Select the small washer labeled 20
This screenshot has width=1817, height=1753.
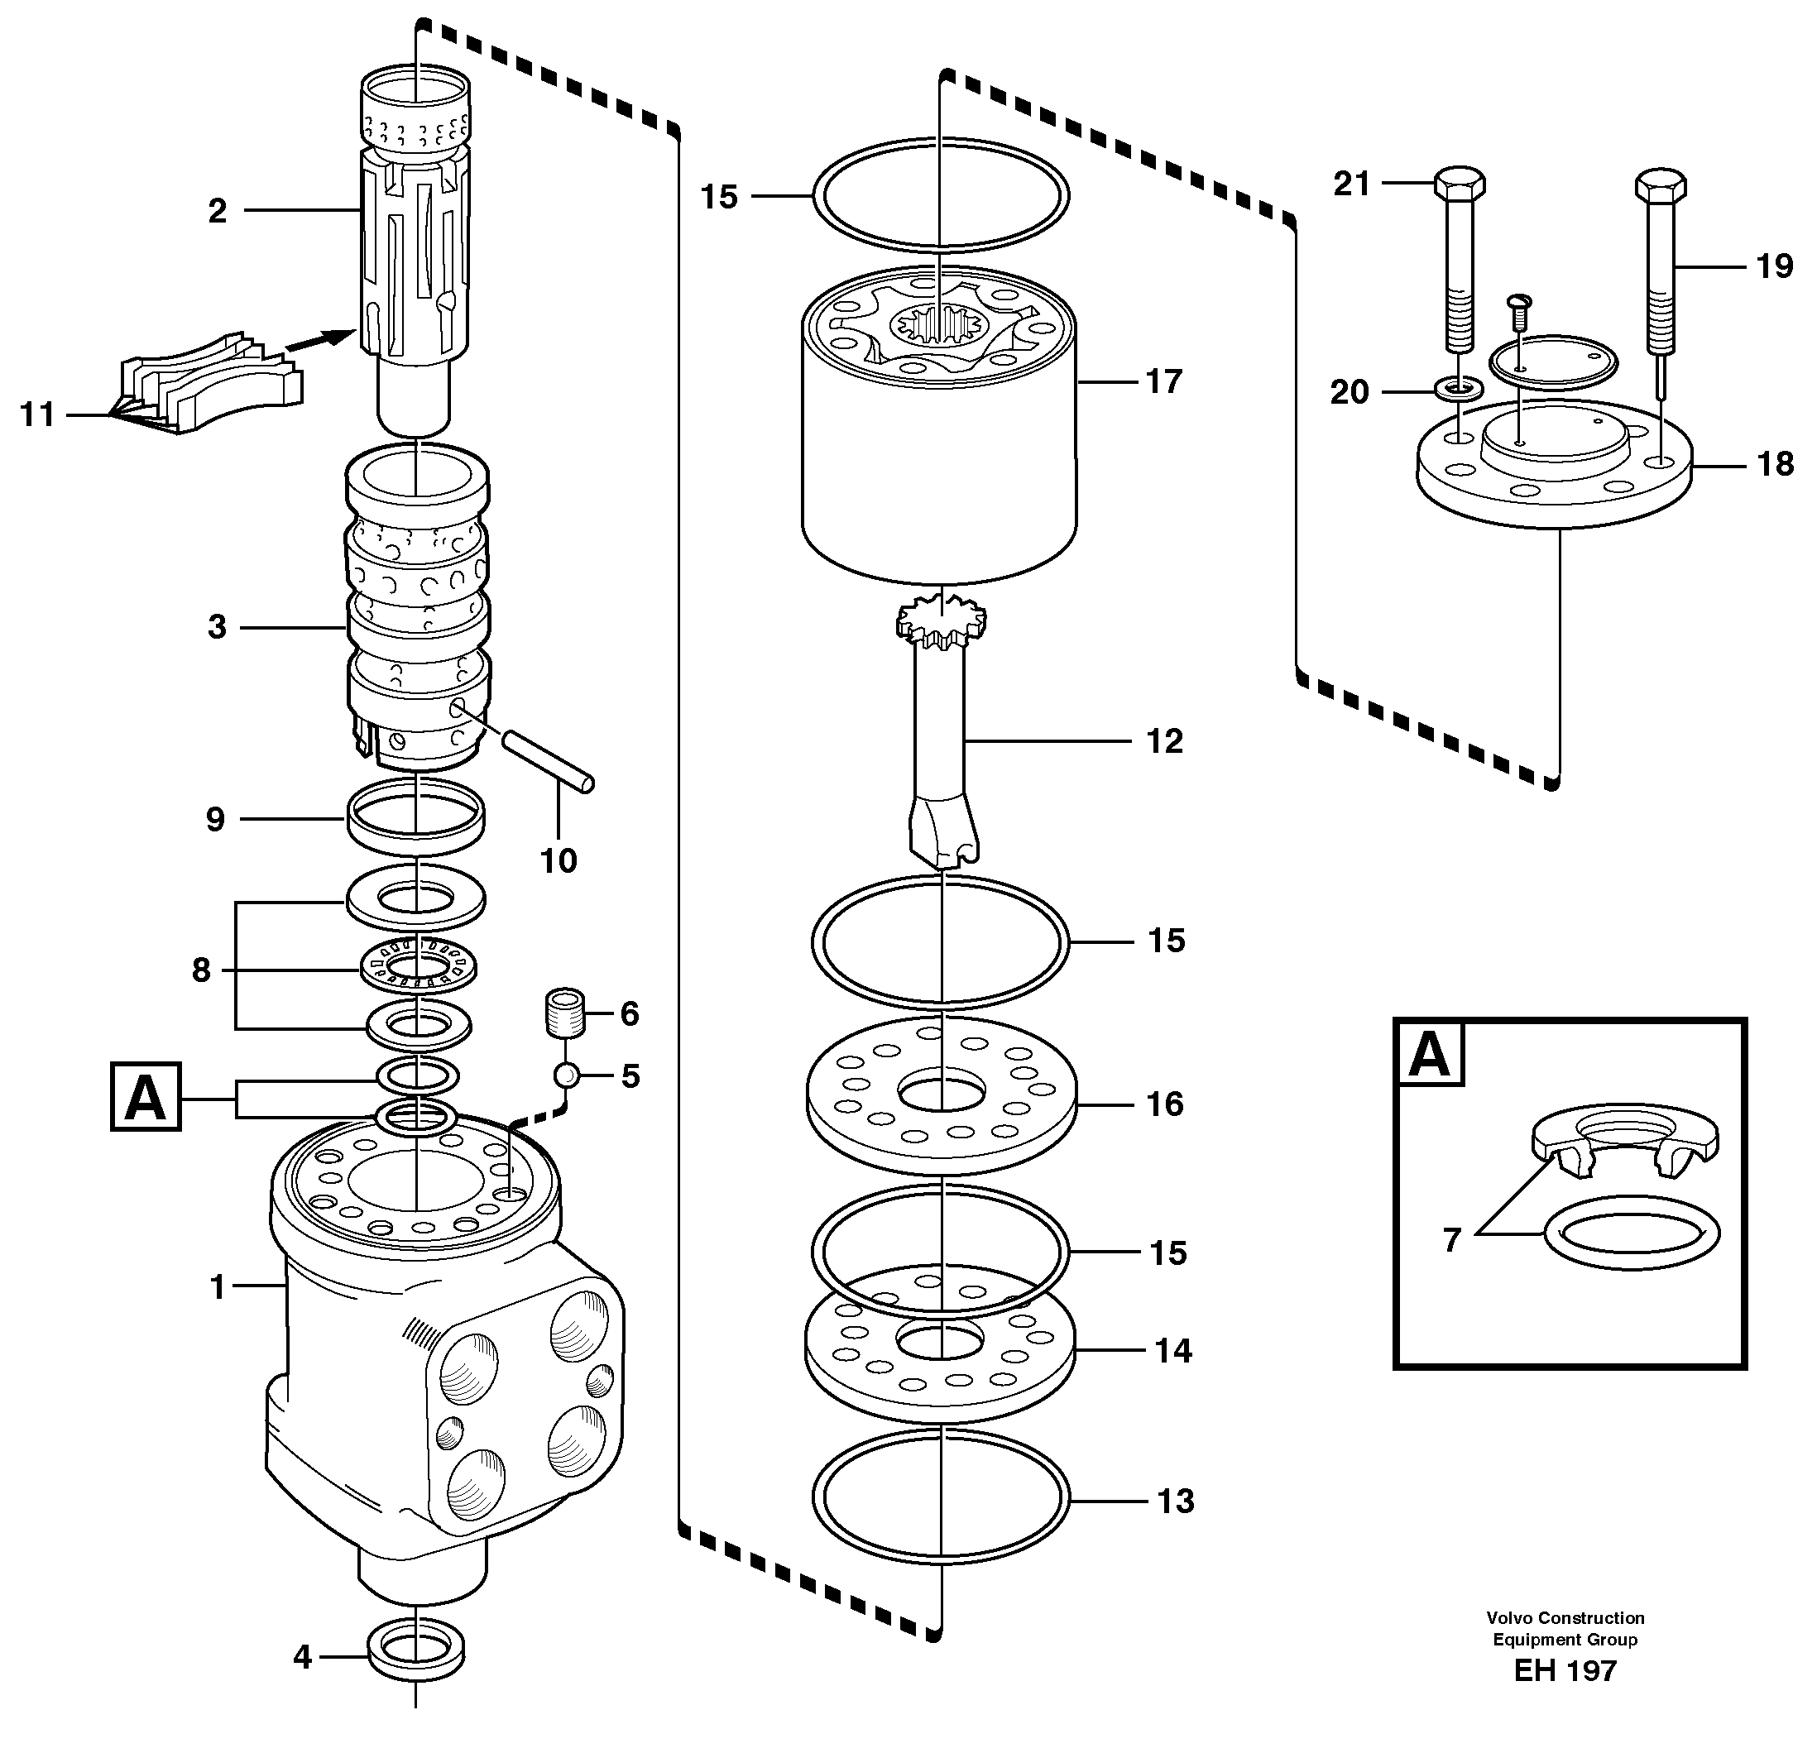[x=1458, y=386]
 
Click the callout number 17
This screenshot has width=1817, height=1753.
[x=1164, y=381]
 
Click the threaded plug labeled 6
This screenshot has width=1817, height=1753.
[x=563, y=1013]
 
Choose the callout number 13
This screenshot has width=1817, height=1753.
[x=1176, y=1500]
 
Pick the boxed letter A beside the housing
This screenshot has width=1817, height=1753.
[x=146, y=1098]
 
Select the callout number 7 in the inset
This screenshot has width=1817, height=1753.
[x=1452, y=1239]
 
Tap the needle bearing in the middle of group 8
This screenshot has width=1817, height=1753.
[x=418, y=969]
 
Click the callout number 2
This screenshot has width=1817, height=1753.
[x=217, y=211]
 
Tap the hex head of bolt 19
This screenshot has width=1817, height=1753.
[x=1661, y=185]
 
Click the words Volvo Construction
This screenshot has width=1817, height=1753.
[x=1565, y=1617]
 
